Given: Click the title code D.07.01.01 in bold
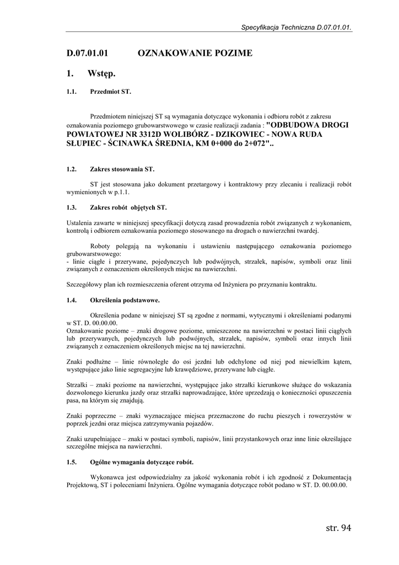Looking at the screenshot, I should coord(87,54).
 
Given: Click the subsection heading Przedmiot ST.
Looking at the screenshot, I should coord(110,92).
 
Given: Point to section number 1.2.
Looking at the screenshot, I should coord(71,169).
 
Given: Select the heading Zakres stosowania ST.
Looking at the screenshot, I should coord(122,169).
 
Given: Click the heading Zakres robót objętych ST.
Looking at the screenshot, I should coord(128,208).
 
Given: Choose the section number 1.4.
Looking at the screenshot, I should coord(71,300).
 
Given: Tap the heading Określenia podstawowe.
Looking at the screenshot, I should coord(125,300).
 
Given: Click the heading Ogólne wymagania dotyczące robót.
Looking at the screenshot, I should coord(142,461).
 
